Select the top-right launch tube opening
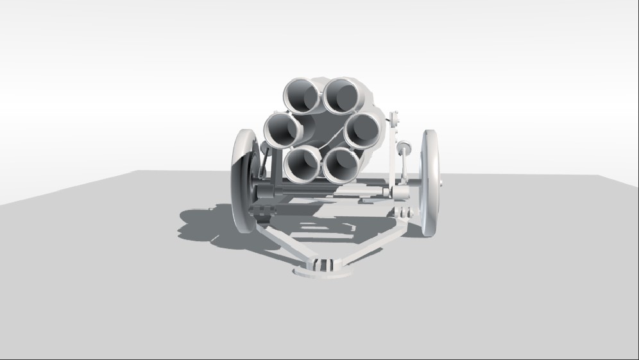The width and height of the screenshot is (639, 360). [x=343, y=95]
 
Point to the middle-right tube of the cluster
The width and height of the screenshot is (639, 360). [x=362, y=131]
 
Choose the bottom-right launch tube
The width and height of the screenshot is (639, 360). [x=340, y=166]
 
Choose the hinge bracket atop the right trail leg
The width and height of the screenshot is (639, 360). [x=403, y=212]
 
